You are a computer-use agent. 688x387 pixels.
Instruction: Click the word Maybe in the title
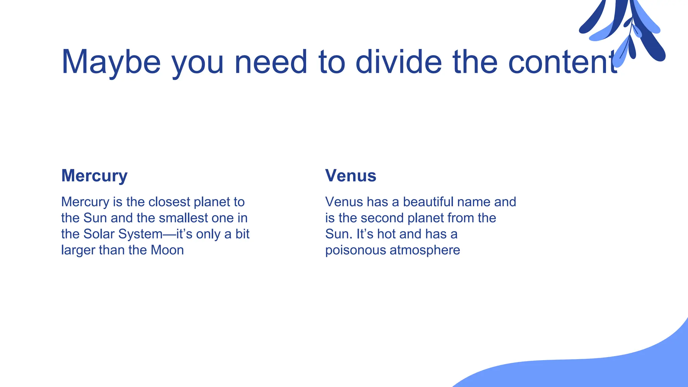[111, 62]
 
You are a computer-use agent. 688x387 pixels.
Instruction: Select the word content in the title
[563, 62]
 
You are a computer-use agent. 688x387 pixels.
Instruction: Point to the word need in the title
[271, 62]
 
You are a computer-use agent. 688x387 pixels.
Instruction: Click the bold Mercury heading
[94, 176]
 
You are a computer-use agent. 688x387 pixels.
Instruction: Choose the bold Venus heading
[351, 176]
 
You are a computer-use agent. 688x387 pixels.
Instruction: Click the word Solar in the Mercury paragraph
[99, 234]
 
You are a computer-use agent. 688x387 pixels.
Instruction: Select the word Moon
[167, 250]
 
